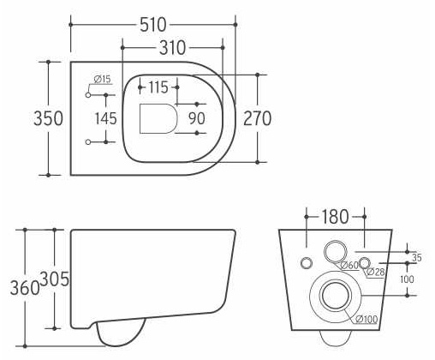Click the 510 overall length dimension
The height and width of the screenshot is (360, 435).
153,25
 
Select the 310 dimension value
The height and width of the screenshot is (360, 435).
172,48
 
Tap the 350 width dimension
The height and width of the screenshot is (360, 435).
48,118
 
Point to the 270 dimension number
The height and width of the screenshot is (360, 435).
257,118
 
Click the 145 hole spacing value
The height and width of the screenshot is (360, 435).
105,118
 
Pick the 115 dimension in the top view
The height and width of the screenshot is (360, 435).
158,87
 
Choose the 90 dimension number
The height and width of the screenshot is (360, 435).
197,118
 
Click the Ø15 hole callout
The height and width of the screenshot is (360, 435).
102,79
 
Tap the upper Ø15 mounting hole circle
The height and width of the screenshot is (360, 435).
88,95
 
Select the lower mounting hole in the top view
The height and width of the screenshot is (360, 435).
88,141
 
